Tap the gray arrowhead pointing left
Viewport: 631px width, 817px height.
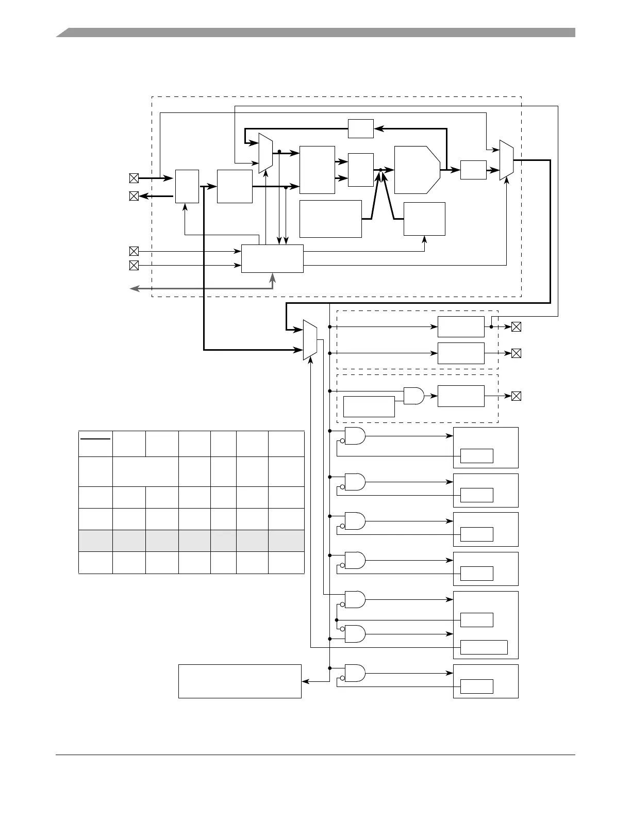pyautogui.click(x=133, y=289)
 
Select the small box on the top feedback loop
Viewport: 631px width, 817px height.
pyautogui.click(x=360, y=128)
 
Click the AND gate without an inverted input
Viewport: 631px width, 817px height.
pyautogui.click(x=413, y=396)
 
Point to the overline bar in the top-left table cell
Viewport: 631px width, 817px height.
pyautogui.click(x=95, y=439)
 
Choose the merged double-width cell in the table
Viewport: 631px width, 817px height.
pyautogui.click(x=145, y=471)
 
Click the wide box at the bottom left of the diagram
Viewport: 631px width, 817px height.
pyautogui.click(x=240, y=681)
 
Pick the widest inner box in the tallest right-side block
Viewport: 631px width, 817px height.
pyautogui.click(x=484, y=647)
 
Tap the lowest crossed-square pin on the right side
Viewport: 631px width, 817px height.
pyautogui.click(x=516, y=396)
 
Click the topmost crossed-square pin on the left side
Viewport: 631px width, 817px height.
pyautogui.click(x=134, y=178)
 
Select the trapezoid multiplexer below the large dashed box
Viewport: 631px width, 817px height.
pyautogui.click(x=310, y=339)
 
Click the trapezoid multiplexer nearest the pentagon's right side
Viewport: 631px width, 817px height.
pyautogui.click(x=506, y=160)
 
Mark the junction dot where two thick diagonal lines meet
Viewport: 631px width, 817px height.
pyautogui.click(x=380, y=169)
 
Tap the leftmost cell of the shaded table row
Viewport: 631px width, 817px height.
pyautogui.click(x=95, y=541)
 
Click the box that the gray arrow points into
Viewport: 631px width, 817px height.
pyautogui.click(x=272, y=258)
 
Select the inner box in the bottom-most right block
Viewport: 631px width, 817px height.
pyautogui.click(x=476, y=687)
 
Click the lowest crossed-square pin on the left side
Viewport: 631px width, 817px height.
pyautogui.click(x=134, y=265)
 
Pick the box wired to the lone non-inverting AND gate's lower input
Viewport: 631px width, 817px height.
pyautogui.click(x=369, y=406)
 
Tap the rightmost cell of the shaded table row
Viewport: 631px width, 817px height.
pyautogui.click(x=286, y=541)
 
